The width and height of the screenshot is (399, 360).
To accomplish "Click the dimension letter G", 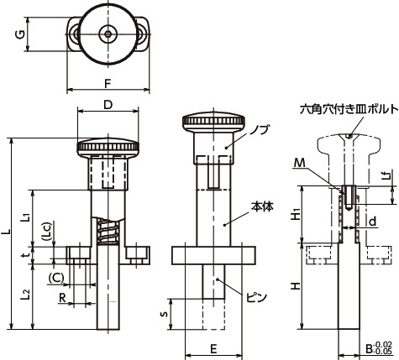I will (18, 34).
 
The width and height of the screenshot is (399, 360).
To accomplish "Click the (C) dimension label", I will (57, 276).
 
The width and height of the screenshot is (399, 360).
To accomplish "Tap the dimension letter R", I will (63, 298).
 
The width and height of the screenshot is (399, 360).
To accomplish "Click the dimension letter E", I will (213, 347).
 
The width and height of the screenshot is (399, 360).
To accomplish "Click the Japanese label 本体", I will (261, 204).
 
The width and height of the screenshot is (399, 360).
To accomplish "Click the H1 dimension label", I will (296, 216).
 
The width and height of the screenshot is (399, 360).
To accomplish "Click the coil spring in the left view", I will (107, 232).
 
